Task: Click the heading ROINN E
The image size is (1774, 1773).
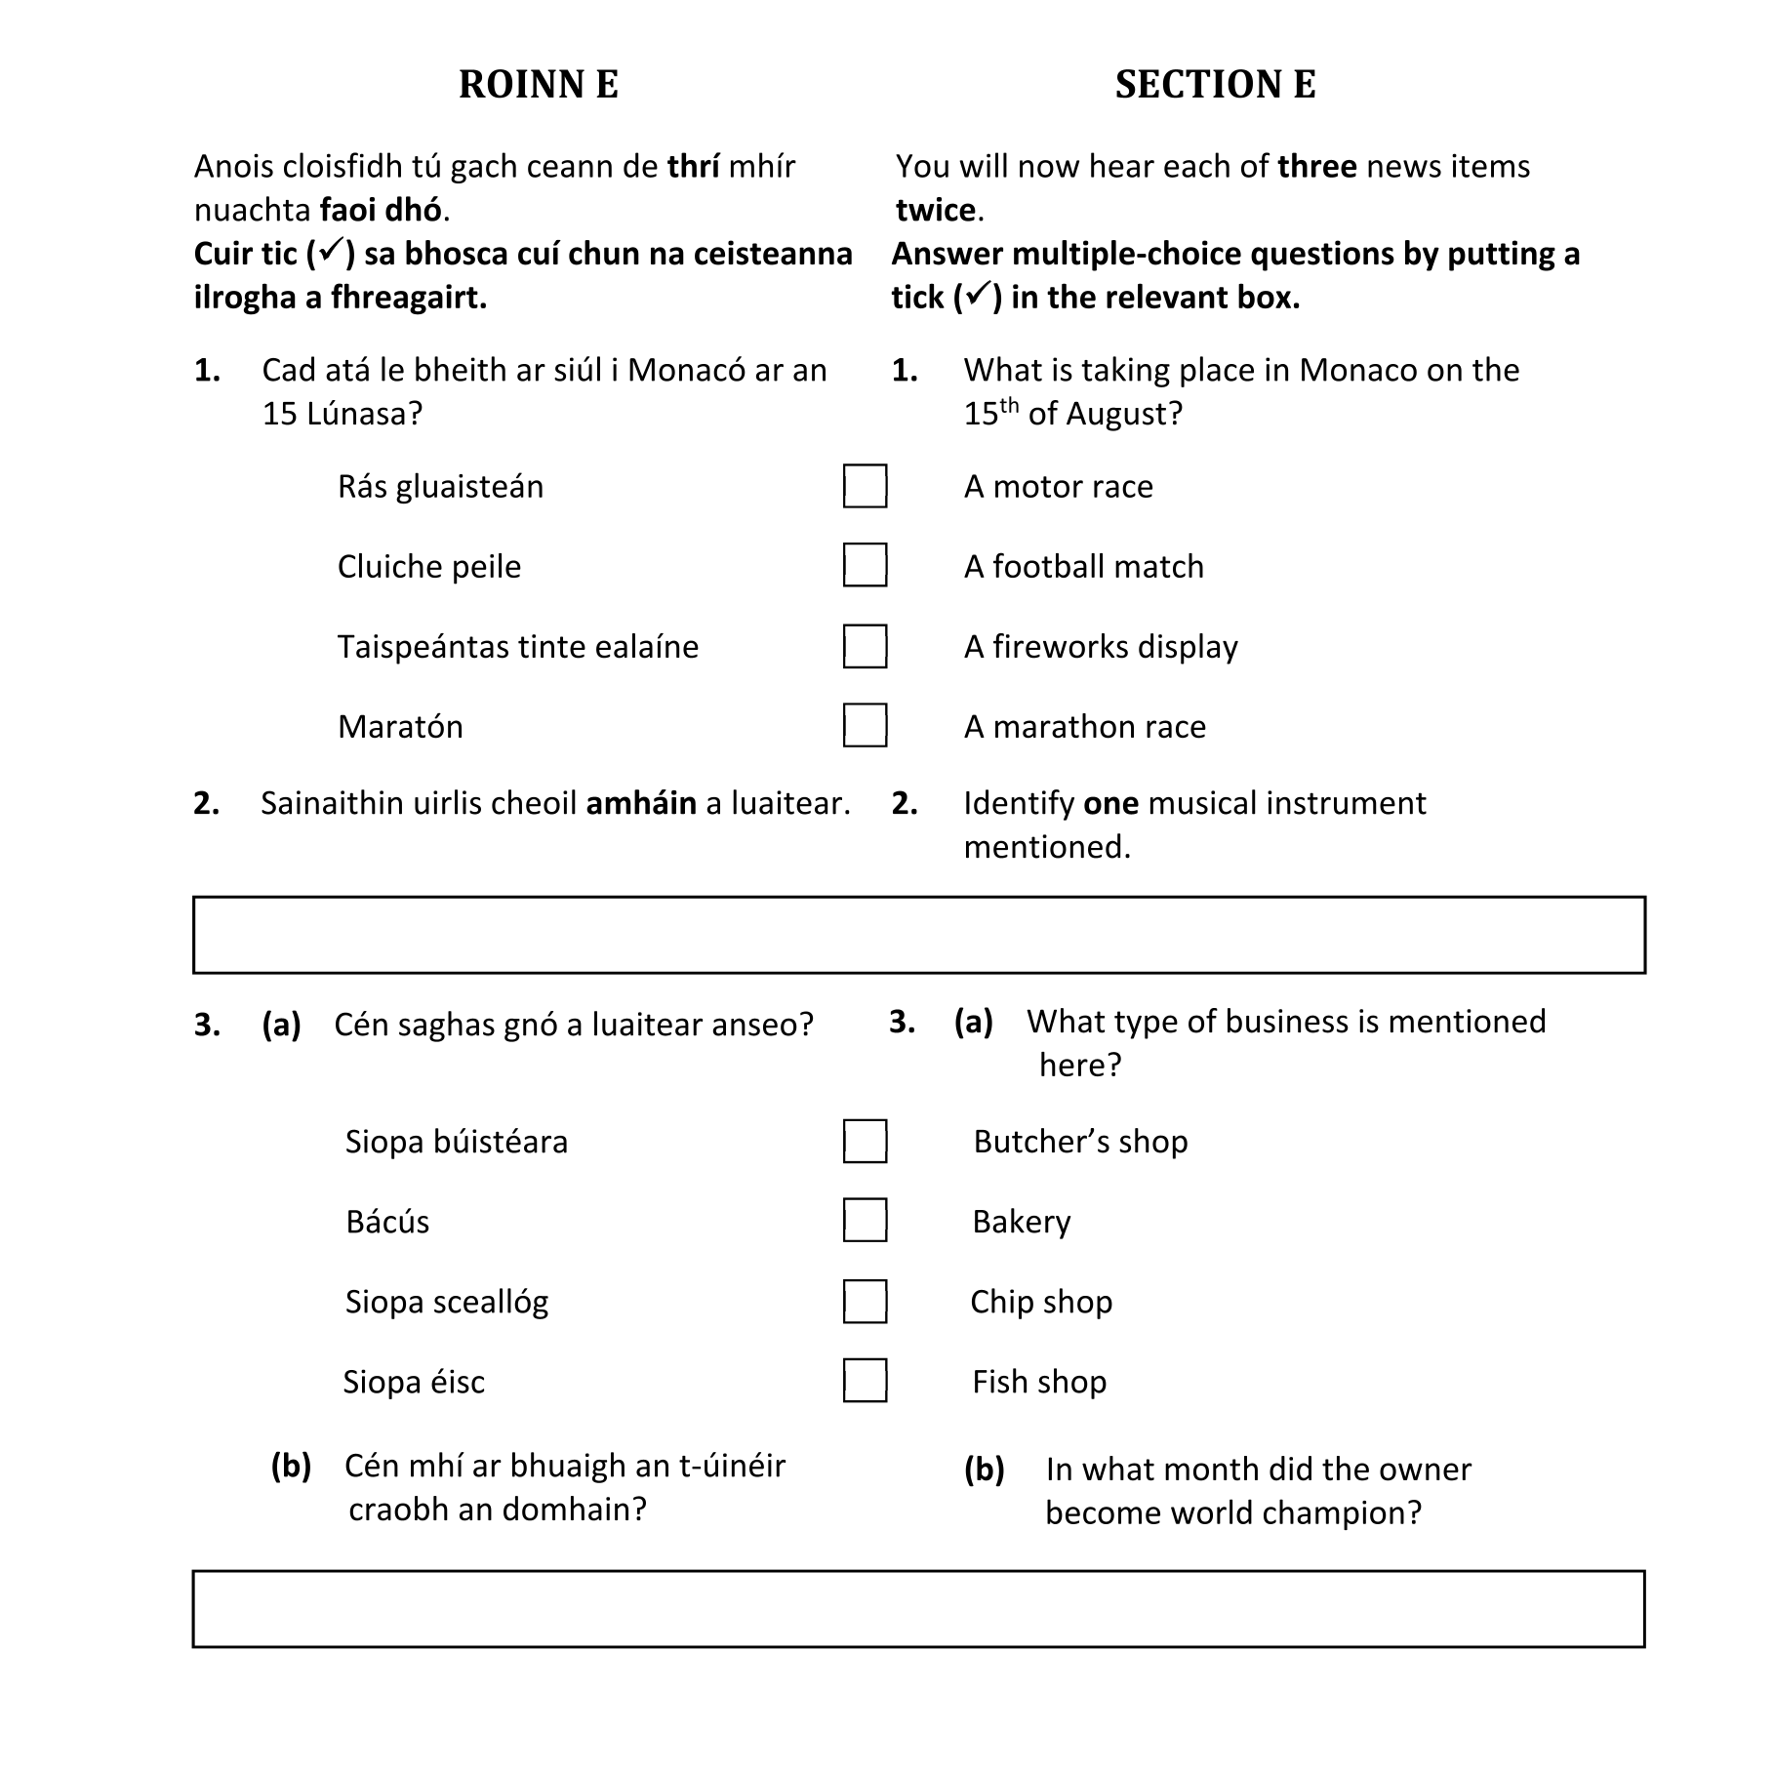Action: pyautogui.click(x=538, y=85)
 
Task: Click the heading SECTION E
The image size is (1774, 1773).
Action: pyautogui.click(x=1215, y=85)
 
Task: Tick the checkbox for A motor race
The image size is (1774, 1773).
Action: pyautogui.click(x=865, y=486)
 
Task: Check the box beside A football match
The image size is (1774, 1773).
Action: pyautogui.click(x=865, y=566)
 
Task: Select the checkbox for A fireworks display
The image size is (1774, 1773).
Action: pyautogui.click(x=865, y=646)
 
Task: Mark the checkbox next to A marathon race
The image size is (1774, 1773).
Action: pyautogui.click(x=865, y=726)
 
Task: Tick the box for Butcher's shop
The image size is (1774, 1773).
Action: pyautogui.click(x=865, y=1142)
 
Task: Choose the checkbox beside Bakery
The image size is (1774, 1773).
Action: pyautogui.click(x=865, y=1221)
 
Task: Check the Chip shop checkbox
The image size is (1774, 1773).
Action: pyautogui.click(x=865, y=1302)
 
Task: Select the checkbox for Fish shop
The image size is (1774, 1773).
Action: pyautogui.click(x=865, y=1381)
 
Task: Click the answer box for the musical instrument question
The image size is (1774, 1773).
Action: pyautogui.click(x=918, y=935)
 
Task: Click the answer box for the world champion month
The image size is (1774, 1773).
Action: pyautogui.click(x=918, y=1609)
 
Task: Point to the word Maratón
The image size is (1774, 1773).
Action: pyautogui.click(x=400, y=727)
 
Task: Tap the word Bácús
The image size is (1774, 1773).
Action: pyautogui.click(x=387, y=1222)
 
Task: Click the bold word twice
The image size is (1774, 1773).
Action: pyautogui.click(x=936, y=210)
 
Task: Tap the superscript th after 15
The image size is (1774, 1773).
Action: pyautogui.click(x=1009, y=405)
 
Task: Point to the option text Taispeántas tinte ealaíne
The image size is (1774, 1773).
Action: pyautogui.click(x=518, y=647)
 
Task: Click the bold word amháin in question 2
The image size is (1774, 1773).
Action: pyautogui.click(x=641, y=803)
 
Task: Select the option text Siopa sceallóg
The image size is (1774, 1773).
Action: pyautogui.click(x=447, y=1302)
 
